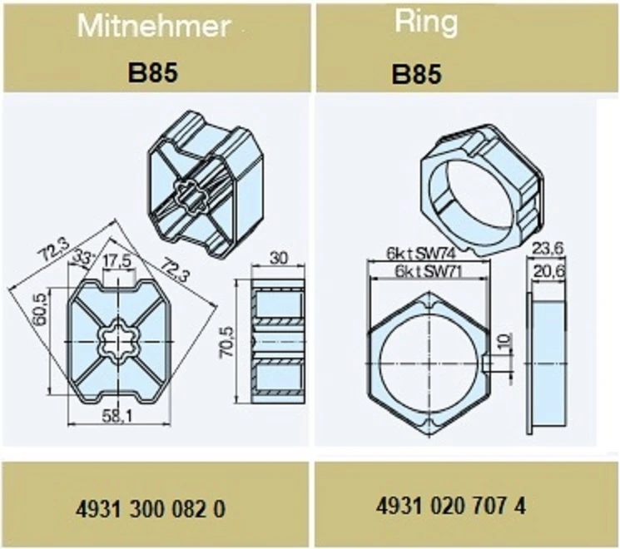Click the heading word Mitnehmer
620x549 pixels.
click(x=154, y=27)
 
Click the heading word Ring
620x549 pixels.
click(x=426, y=22)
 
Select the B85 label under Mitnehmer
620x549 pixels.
click(x=152, y=73)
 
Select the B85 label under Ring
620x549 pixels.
click(x=416, y=74)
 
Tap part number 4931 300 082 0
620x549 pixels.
click(x=151, y=509)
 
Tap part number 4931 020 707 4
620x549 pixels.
click(x=451, y=506)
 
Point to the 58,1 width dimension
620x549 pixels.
click(x=117, y=416)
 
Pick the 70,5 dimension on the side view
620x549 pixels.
click(x=226, y=342)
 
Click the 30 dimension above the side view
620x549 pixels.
click(x=279, y=259)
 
